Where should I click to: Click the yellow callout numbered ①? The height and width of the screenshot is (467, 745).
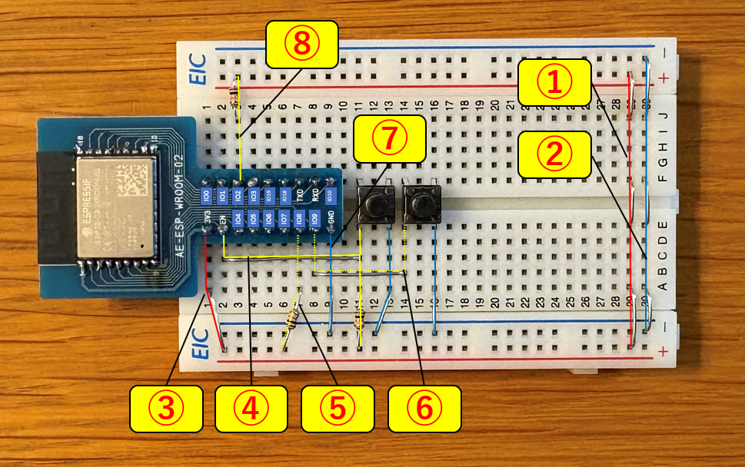[554, 84]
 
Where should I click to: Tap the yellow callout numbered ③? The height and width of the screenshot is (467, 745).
[165, 408]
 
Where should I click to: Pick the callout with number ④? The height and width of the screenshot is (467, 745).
[251, 408]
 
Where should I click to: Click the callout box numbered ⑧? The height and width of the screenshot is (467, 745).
[302, 45]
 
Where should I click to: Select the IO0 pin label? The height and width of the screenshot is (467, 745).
[207, 194]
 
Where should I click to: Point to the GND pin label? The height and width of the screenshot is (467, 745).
[330, 220]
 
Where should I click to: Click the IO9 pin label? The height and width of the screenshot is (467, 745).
[314, 220]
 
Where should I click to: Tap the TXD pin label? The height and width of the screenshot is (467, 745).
[300, 194]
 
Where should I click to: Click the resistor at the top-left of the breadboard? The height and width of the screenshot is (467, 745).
[234, 90]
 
